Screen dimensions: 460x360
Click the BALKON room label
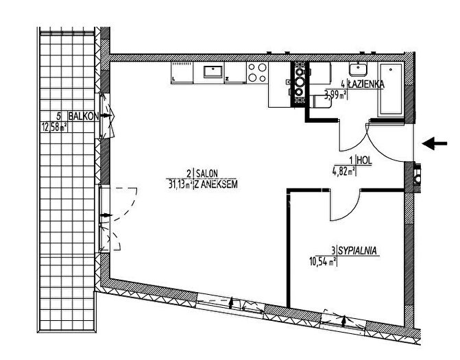coord(84,116)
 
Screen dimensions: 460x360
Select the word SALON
coord(207,173)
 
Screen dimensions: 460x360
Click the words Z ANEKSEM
coord(216,184)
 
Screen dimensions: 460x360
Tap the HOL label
coord(365,160)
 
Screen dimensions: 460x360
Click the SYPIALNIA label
coord(358,251)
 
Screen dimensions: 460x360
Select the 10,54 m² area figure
coord(322,261)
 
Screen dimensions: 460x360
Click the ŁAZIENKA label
coord(366,84)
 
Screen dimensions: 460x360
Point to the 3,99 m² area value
coord(336,95)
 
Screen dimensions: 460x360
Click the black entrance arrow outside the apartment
coord(435,143)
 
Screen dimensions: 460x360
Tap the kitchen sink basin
coord(213,72)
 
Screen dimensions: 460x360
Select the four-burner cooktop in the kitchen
coord(257,73)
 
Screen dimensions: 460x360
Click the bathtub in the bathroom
coord(391,89)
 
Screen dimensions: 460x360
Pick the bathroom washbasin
coord(358,69)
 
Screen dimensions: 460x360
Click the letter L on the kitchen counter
coord(174,79)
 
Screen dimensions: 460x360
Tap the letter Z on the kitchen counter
coord(227,79)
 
